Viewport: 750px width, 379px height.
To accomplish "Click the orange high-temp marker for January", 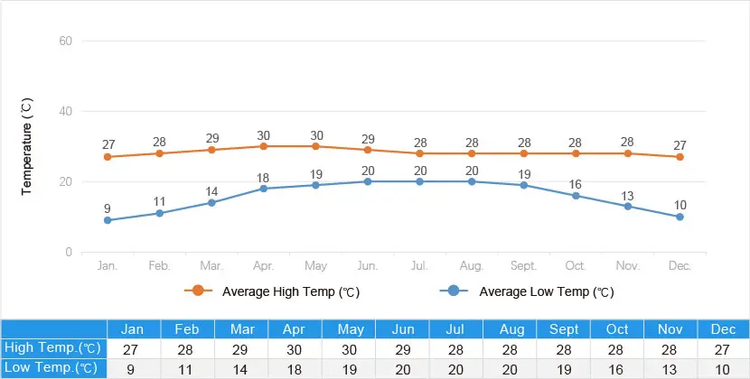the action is tap(108, 157).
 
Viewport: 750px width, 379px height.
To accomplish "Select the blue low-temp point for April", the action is tap(264, 189).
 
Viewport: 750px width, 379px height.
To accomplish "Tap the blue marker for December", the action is tap(680, 217).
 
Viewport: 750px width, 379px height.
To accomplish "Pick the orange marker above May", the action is tap(315, 146).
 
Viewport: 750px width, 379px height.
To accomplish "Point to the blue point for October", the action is tap(576, 196).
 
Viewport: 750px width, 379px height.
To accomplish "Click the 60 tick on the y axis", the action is tap(66, 42).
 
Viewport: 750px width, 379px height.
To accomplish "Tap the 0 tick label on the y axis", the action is tap(69, 253).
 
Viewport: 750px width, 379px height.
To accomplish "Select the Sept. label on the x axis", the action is tap(523, 265).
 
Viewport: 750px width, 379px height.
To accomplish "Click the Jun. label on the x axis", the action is tap(368, 265).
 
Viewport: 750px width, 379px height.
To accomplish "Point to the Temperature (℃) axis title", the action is tap(27, 147).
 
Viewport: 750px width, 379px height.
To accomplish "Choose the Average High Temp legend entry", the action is tap(272, 291).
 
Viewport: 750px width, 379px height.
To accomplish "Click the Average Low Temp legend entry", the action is tap(527, 291).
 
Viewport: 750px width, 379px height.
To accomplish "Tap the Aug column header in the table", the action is tap(510, 329).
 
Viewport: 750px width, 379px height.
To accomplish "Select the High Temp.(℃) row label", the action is tap(52, 348).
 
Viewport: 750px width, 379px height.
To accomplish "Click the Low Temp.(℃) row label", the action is tap(51, 368).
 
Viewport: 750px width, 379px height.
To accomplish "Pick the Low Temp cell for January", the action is tap(131, 369).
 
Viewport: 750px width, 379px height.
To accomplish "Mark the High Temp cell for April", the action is tap(295, 349).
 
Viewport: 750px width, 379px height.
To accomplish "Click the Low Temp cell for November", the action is tap(670, 369).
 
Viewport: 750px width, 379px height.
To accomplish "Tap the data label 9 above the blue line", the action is tap(108, 208).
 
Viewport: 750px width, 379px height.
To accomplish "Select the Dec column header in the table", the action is tap(723, 329).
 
